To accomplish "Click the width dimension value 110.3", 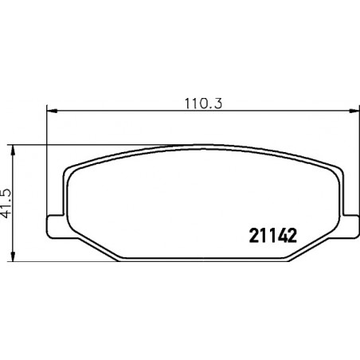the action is pos(203,104).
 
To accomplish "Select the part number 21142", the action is pos(272,236).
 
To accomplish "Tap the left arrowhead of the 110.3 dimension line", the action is pos(52,111).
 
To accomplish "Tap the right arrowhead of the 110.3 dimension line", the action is pos(354,111).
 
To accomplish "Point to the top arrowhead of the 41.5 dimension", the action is pos(13,151).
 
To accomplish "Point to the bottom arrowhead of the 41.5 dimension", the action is pos(13,256).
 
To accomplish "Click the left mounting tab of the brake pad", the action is pos(56,226).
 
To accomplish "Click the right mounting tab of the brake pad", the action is pos(350,225).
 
